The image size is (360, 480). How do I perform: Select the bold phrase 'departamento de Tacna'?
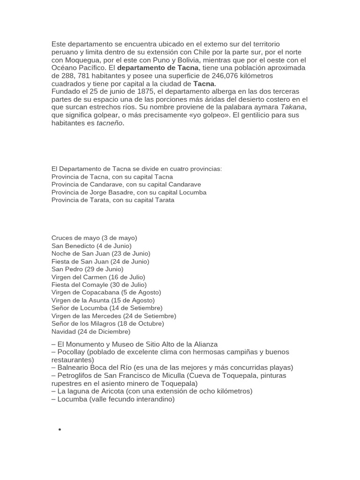[158, 68]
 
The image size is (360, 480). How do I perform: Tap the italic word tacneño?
[109, 123]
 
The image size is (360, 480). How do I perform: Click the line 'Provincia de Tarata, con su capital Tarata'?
[112, 200]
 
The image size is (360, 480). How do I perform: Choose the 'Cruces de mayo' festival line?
[94, 238]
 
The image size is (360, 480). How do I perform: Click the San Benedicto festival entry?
[91, 246]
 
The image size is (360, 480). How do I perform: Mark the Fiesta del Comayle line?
[99, 285]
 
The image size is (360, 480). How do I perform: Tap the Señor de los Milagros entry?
[108, 323]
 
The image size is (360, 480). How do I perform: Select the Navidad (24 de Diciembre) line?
[91, 331]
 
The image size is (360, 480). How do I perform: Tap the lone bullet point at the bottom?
[60, 430]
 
